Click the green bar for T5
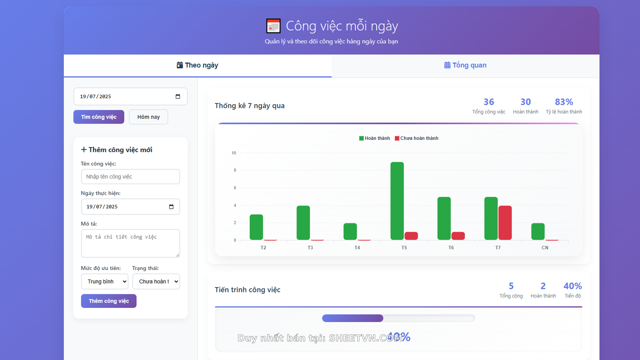[x=397, y=201]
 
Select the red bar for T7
[x=505, y=223]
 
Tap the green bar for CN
[x=538, y=231]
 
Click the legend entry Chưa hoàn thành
[x=416, y=138]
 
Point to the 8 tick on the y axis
[x=235, y=170]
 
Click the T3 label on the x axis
[x=310, y=248]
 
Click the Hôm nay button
[x=148, y=117]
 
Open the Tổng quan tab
[x=465, y=65]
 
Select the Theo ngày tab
[x=197, y=65]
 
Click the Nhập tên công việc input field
[x=130, y=177]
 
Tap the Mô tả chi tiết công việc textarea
[x=130, y=243]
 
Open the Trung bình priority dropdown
[x=105, y=282]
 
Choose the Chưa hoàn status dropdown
[x=156, y=282]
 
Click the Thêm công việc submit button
[x=109, y=301]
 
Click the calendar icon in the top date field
[x=178, y=97]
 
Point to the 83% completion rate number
[x=564, y=102]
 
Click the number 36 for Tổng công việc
[x=489, y=102]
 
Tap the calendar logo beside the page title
[x=273, y=26]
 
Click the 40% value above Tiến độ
[x=572, y=286]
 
